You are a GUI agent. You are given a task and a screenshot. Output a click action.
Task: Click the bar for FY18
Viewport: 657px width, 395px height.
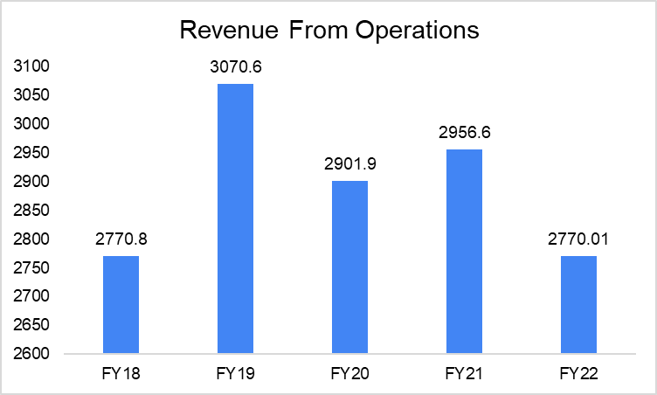coord(121,305)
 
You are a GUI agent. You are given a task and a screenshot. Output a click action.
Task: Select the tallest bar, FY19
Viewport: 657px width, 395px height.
coord(235,218)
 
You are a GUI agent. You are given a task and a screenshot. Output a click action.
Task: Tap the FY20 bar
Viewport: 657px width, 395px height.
coord(349,267)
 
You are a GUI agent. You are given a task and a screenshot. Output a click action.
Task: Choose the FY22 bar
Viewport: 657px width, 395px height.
coord(578,305)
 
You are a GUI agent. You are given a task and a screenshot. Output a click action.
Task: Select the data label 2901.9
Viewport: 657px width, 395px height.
coord(349,166)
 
